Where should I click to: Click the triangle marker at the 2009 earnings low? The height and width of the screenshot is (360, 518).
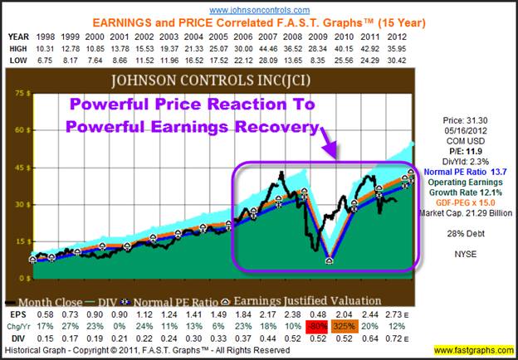coord(330,260)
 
